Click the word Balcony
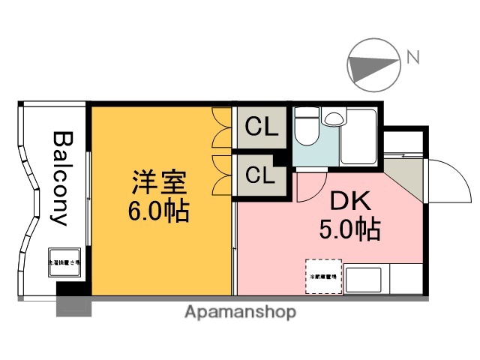[x=61, y=178]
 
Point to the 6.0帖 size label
[x=158, y=211]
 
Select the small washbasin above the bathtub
[x=331, y=118]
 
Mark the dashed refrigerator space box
[x=323, y=276]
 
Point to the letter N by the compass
[x=412, y=55]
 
